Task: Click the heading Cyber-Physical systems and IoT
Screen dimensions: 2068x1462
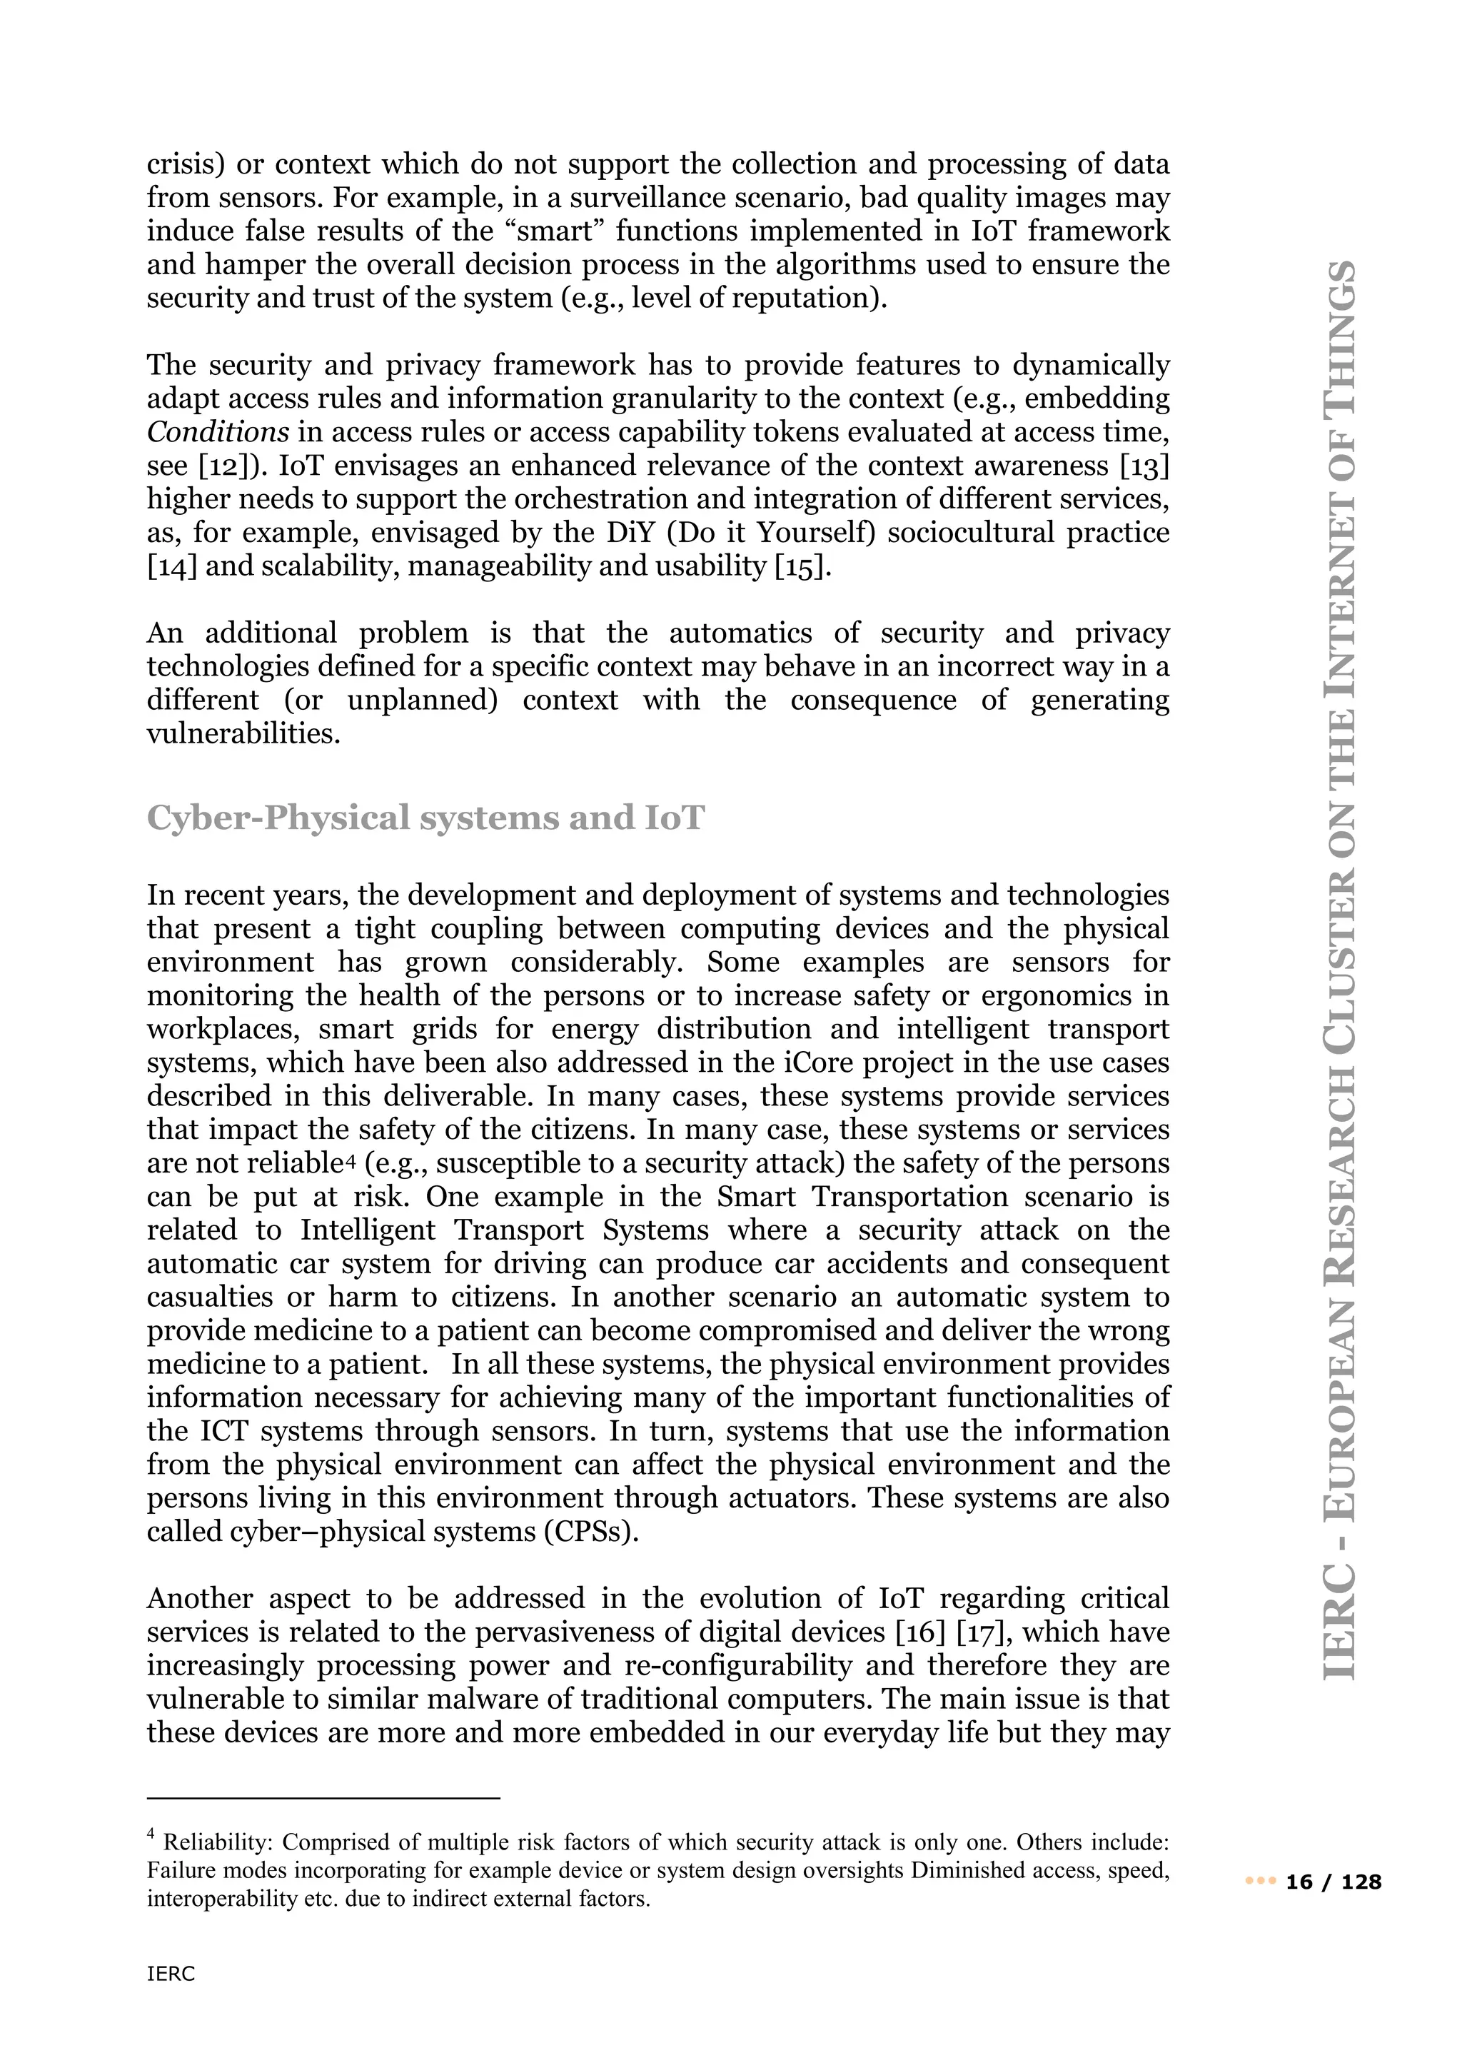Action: pos(425,818)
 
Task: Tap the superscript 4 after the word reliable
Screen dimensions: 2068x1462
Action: pos(352,1160)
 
